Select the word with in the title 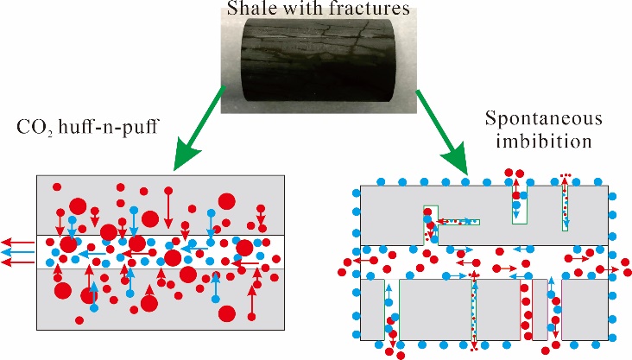tap(305, 10)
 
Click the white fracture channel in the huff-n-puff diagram tap(160, 251)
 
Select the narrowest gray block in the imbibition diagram tap(540, 309)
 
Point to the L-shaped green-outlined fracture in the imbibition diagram tap(440, 222)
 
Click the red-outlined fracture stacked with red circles tap(524, 309)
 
